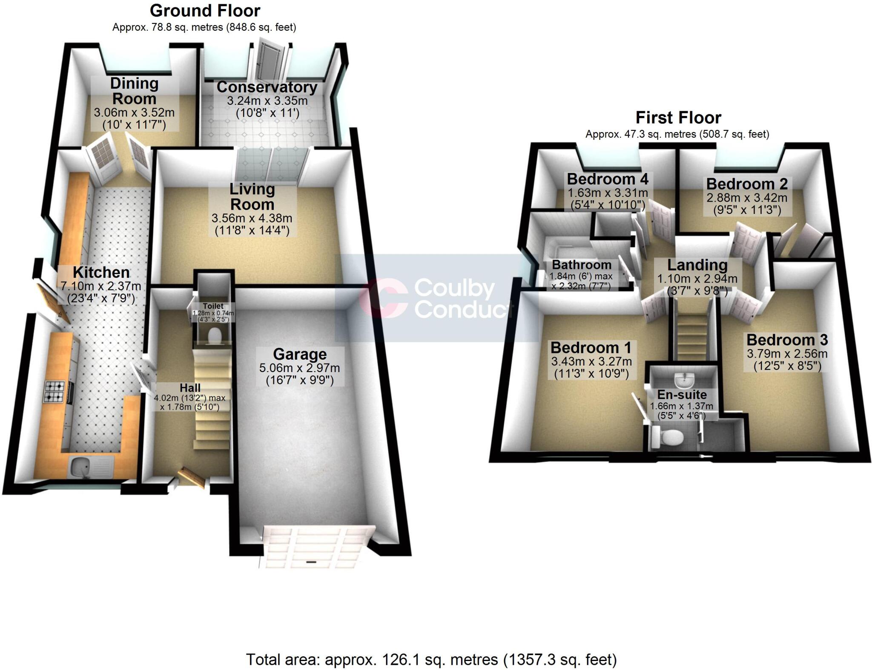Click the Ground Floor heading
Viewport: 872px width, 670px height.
pyautogui.click(x=205, y=11)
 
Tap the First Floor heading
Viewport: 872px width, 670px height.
pyautogui.click(x=678, y=117)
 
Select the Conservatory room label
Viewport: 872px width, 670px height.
pyautogui.click(x=267, y=87)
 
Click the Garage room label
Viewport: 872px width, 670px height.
pyautogui.click(x=300, y=354)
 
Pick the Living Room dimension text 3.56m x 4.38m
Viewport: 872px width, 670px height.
pyautogui.click(x=252, y=219)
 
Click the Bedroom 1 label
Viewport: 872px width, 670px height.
pyautogui.click(x=591, y=348)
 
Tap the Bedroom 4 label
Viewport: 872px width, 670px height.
pyautogui.click(x=608, y=179)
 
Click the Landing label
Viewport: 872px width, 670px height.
pyautogui.click(x=697, y=265)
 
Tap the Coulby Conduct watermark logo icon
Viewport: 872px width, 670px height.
pyautogui.click(x=382, y=298)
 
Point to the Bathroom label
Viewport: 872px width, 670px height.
pyautogui.click(x=582, y=265)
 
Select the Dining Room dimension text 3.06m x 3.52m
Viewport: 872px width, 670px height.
pyautogui.click(x=134, y=113)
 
